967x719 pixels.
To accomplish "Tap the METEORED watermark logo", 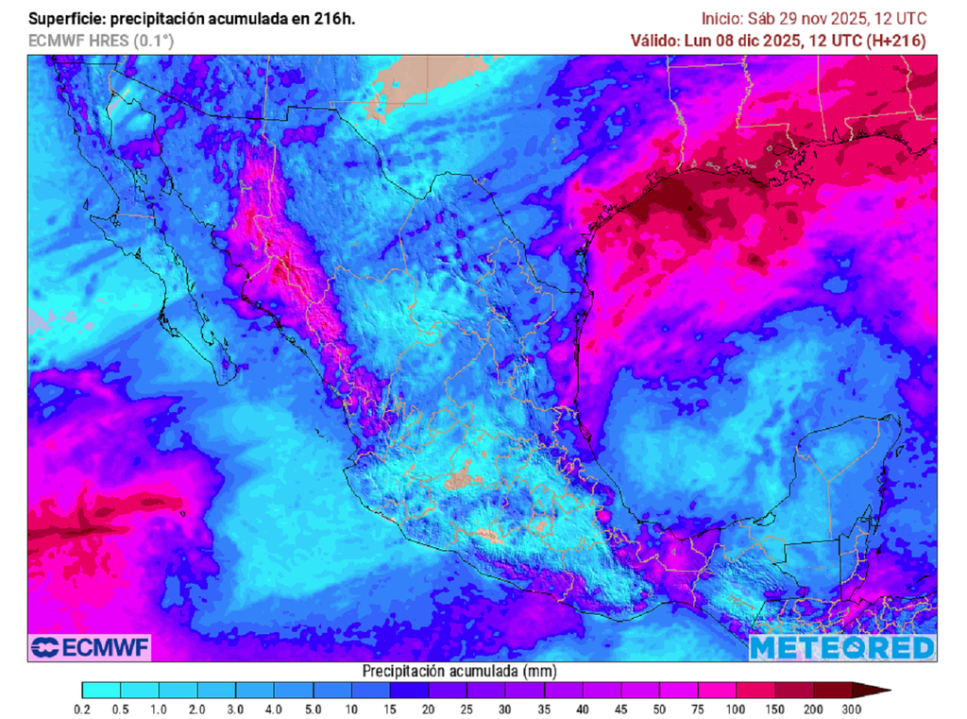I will coord(842,647).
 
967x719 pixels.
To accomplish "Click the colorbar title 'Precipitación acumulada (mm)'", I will coord(460,670).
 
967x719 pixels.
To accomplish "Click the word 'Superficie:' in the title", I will coord(63,19).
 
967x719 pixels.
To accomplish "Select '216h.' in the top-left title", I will coord(335,19).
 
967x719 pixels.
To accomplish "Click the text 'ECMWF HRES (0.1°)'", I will coord(101,41).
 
